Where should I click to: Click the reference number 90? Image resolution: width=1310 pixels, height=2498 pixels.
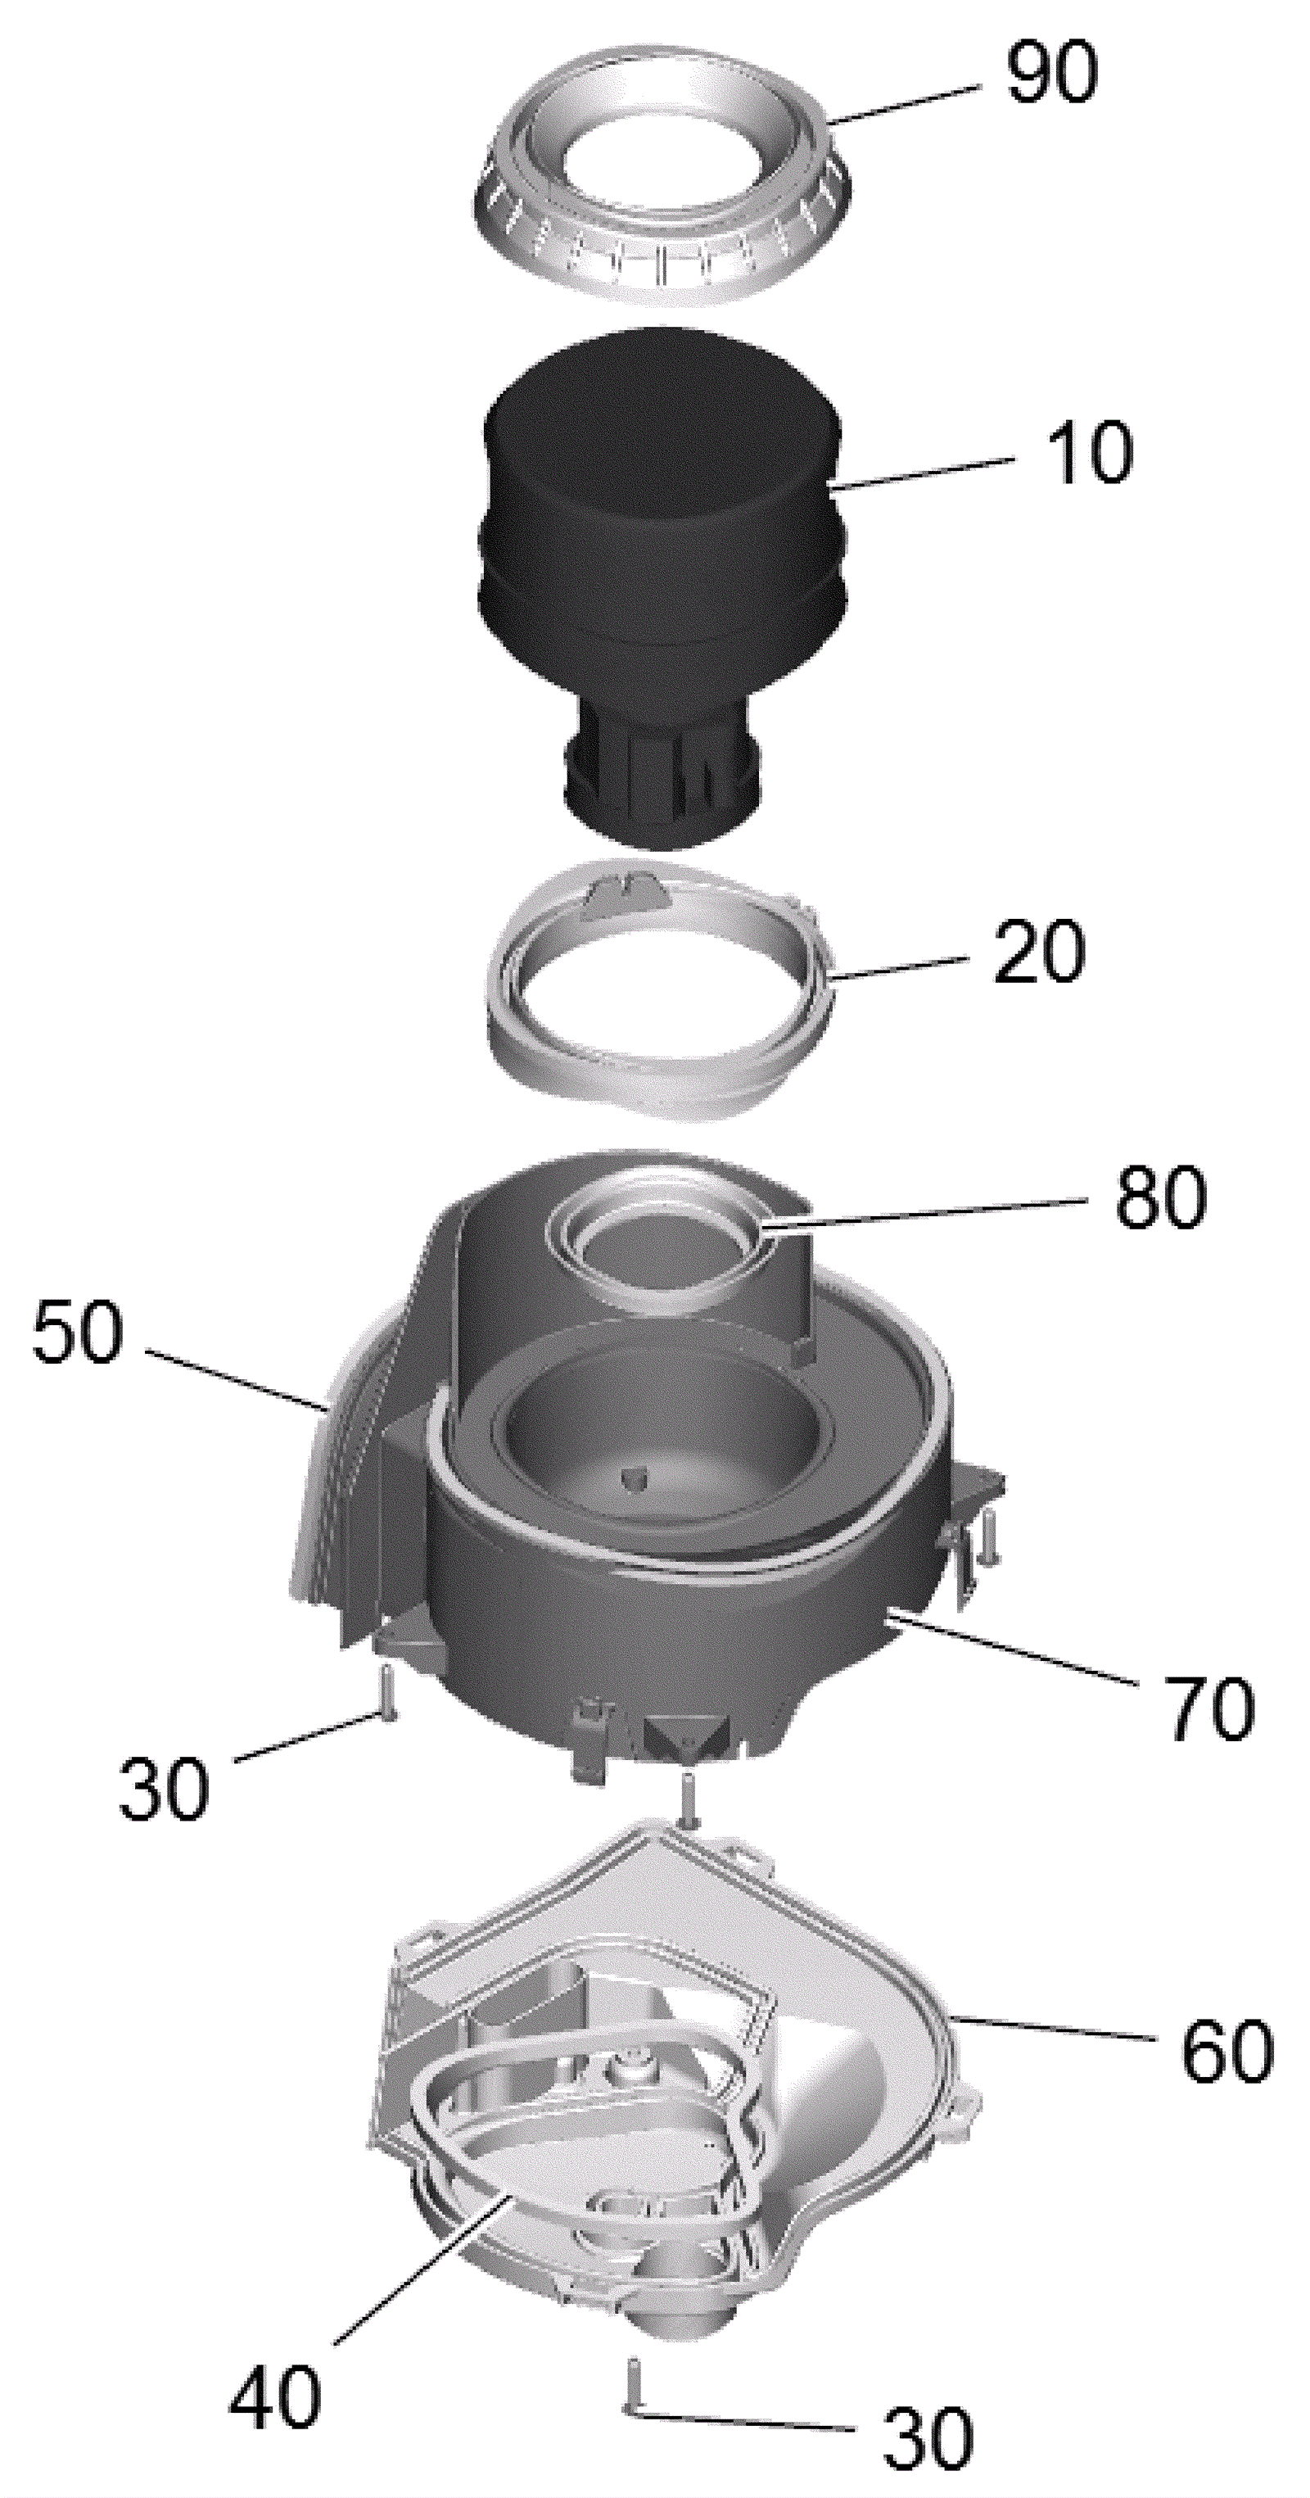coord(1052,74)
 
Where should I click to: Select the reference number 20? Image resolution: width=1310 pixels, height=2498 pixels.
coord(1038,952)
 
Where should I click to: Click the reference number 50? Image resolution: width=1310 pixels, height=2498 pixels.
coord(78,1332)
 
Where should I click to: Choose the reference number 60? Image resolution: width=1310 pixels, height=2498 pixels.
coord(1226,2049)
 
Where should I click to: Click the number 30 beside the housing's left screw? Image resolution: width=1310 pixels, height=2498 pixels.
coord(163,1787)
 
